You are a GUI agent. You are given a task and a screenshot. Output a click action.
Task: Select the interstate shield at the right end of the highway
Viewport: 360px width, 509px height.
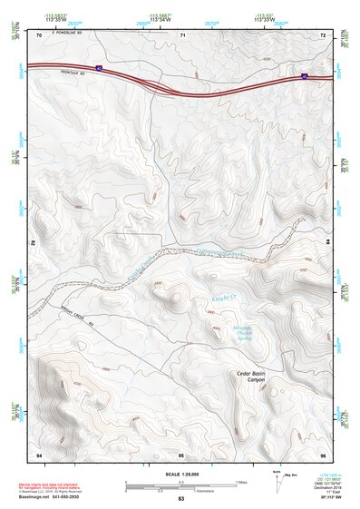(305, 77)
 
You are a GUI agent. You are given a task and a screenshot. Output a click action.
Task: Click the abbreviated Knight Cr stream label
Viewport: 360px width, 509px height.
(224, 296)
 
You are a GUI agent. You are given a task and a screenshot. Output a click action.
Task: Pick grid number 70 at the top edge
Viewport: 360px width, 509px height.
(39, 35)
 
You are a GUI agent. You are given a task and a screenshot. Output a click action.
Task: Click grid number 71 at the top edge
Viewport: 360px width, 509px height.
(182, 35)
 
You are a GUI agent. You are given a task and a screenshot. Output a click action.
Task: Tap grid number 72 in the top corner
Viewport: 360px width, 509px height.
(323, 35)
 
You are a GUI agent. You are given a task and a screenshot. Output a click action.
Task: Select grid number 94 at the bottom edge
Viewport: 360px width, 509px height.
(39, 453)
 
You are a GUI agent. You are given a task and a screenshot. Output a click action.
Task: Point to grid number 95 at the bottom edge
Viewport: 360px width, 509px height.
(181, 453)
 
